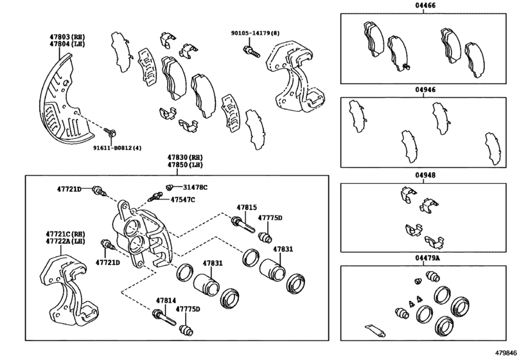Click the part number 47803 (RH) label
click(x=68, y=37)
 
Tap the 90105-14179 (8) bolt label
click(x=256, y=33)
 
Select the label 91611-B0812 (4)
click(x=117, y=148)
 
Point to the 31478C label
click(x=195, y=188)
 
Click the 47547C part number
click(x=182, y=199)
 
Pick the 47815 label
click(x=247, y=208)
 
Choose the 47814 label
click(x=166, y=300)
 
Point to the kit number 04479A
click(x=427, y=258)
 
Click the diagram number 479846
click(x=506, y=353)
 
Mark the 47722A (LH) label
click(x=66, y=241)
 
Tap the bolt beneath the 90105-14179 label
click(x=252, y=52)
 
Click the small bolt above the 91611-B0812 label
click(x=110, y=132)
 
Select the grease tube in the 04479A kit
click(x=375, y=330)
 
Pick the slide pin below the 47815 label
click(x=243, y=225)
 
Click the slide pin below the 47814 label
click(x=164, y=318)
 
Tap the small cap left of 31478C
click(x=169, y=188)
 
